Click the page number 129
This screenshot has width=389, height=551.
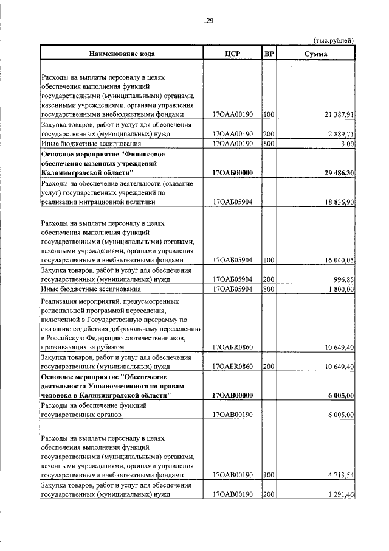point(207,20)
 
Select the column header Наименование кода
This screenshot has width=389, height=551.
point(122,54)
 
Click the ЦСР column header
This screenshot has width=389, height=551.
point(233,54)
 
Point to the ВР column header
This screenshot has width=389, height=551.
point(269,54)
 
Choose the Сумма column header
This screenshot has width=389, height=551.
point(316,54)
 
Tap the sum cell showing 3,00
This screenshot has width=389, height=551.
point(347,144)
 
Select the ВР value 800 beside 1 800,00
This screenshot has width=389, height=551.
point(269,289)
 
